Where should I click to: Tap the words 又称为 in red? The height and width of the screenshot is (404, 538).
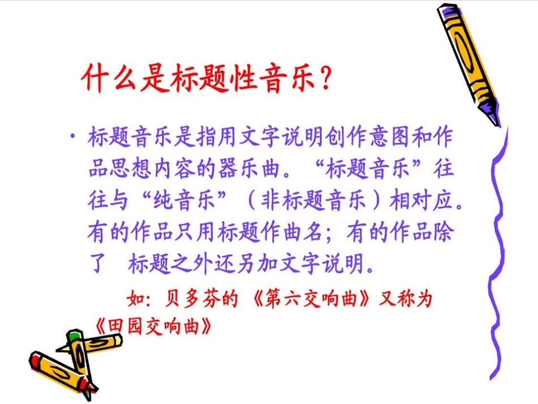click(412, 299)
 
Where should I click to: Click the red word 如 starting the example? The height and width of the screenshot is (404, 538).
click(131, 299)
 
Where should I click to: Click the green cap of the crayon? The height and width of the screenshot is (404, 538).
click(73, 336)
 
